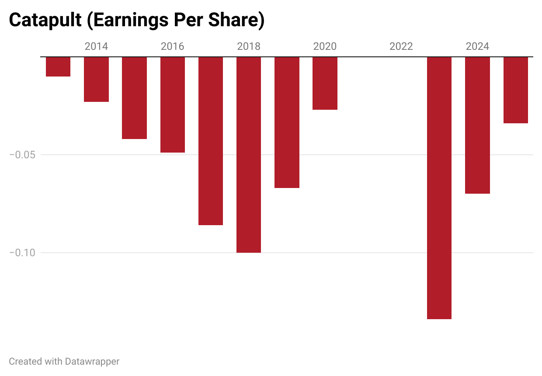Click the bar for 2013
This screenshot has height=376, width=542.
(x=58, y=66)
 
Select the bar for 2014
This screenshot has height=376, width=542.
(x=96, y=79)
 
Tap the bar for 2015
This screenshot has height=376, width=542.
(x=134, y=98)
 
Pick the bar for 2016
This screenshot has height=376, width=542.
(x=173, y=104)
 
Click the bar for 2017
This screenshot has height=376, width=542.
(x=211, y=141)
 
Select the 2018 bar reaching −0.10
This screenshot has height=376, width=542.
(x=249, y=155)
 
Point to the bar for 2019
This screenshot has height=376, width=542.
(x=287, y=122)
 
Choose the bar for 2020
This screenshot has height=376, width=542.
(x=325, y=83)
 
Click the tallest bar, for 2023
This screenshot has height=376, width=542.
(x=439, y=188)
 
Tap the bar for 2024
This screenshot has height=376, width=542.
(x=477, y=125)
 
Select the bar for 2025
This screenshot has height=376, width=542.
(x=516, y=90)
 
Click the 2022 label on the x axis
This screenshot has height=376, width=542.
(x=401, y=46)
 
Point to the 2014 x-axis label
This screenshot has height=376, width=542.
(x=96, y=46)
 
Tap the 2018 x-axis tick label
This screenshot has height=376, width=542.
(x=249, y=46)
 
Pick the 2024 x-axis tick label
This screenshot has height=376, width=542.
(x=477, y=46)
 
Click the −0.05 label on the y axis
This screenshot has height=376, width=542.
(x=23, y=155)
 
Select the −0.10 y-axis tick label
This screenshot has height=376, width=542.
(x=23, y=253)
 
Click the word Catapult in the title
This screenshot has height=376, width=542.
(x=45, y=21)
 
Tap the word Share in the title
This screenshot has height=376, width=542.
(x=236, y=21)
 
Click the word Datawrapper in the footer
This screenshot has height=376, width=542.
(x=92, y=362)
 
